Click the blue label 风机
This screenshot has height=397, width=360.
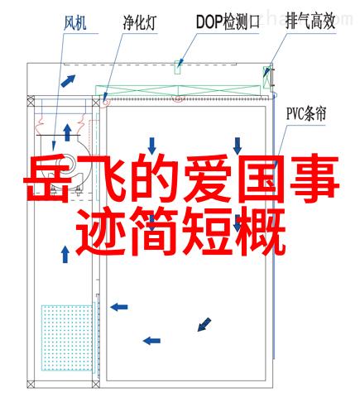pyautogui.click(x=75, y=23)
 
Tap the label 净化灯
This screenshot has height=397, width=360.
pyautogui.click(x=140, y=22)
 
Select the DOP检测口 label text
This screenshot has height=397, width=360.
pyautogui.click(x=228, y=22)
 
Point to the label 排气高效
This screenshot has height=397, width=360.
pyautogui.click(x=310, y=22)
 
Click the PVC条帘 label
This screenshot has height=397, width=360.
pyautogui.click(x=306, y=113)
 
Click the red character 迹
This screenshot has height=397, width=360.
pyautogui.click(x=100, y=232)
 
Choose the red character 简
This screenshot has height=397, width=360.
pyautogui.click(x=154, y=232)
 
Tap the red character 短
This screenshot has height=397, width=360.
pyautogui.click(x=208, y=232)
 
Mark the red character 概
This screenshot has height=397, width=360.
pyautogui.click(x=261, y=232)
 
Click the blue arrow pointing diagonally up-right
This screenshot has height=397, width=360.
pyautogui.click(x=68, y=81)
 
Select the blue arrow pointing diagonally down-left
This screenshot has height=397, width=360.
pyautogui.click(x=204, y=324)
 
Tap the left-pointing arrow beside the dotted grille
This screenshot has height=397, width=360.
pyautogui.click(x=119, y=307)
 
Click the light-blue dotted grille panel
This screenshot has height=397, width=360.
pyautogui.click(x=67, y=337)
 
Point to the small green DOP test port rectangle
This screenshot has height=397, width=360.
pyautogui.click(x=178, y=67)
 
